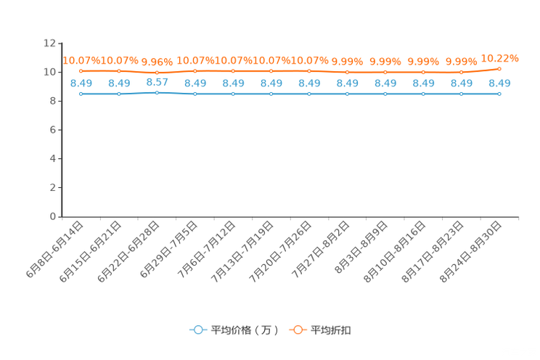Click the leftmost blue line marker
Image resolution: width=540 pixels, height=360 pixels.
81,94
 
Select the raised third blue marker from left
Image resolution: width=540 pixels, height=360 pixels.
157,93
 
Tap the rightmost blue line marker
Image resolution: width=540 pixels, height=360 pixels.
499,94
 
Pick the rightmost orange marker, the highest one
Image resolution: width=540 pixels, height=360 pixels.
499,68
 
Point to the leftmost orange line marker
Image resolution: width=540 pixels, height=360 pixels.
81,71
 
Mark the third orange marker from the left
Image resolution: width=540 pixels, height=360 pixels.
157,73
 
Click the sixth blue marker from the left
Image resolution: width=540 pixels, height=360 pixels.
271,94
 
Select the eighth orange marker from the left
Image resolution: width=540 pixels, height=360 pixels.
347,73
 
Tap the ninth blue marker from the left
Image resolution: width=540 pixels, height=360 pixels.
385,94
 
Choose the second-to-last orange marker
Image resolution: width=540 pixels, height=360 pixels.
461,73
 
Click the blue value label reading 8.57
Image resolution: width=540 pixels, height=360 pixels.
157,81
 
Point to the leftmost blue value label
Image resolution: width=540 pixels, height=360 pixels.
81,83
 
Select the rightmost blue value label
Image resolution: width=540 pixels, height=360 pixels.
499,83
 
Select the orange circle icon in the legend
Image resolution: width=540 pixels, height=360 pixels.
298,330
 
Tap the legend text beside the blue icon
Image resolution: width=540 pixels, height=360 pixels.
245,330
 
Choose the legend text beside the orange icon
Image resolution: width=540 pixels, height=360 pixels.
332,330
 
